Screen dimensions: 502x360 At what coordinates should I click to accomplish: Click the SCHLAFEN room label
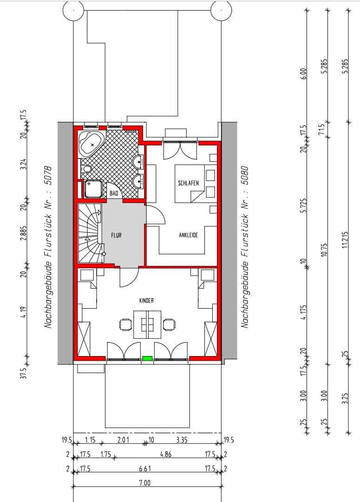[x=188, y=183]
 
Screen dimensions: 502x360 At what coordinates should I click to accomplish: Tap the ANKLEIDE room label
[x=188, y=235]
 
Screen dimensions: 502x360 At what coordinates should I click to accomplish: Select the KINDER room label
[x=146, y=301]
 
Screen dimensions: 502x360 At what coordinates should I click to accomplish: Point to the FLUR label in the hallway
[x=116, y=236]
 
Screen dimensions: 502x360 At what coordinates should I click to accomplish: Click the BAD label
[x=114, y=193]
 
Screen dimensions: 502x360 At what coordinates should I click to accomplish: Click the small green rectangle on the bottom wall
[x=147, y=358]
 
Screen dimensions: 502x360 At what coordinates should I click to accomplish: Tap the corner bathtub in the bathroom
[x=92, y=143]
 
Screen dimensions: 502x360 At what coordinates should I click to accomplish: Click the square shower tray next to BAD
[x=94, y=189]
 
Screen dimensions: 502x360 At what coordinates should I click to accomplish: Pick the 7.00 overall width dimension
[x=145, y=483]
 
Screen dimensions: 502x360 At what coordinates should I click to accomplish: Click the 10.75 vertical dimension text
[x=325, y=249]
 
